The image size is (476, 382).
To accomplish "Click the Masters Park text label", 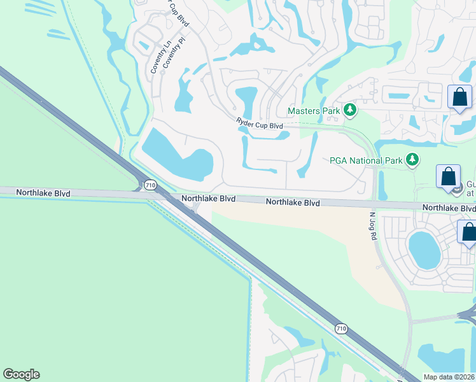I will [314, 111].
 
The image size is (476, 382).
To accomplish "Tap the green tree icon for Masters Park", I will [349, 111].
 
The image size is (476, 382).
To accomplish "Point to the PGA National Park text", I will [366, 160].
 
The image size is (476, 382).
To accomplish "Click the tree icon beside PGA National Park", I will [413, 159].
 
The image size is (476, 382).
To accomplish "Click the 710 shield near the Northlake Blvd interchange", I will [150, 185].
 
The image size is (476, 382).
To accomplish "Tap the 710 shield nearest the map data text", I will [342, 328].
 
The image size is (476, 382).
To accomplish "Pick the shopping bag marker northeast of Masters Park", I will [459, 98].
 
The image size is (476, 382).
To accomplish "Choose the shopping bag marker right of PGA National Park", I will [448, 176].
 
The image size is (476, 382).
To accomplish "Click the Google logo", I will [21, 374].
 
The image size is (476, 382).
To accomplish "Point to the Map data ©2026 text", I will [449, 377].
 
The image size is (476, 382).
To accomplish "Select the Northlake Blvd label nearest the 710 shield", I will [208, 199].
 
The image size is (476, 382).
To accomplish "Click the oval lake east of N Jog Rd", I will [424, 249].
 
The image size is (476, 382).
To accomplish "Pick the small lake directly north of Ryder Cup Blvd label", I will [246, 99].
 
